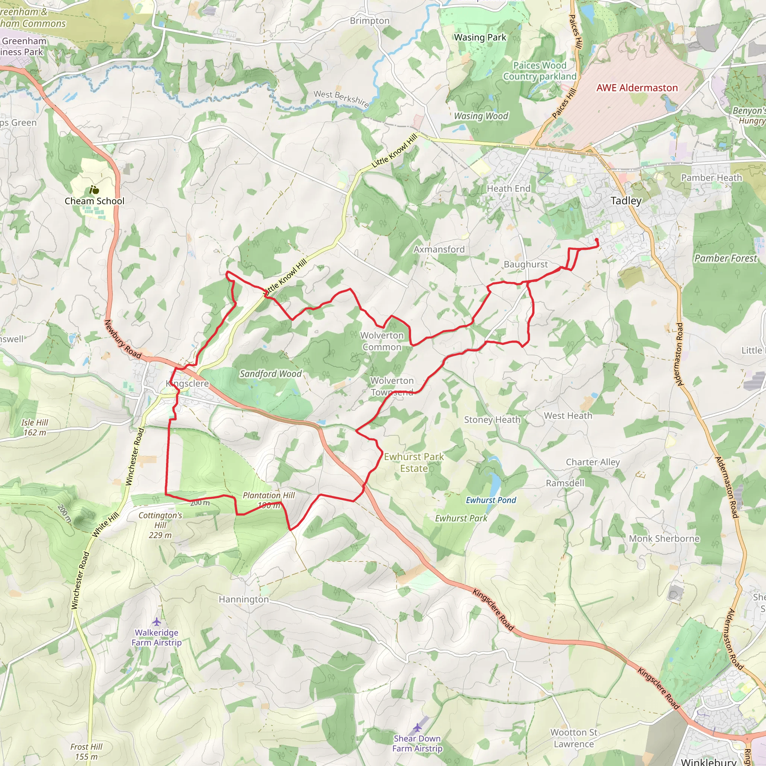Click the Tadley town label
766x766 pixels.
click(x=626, y=200)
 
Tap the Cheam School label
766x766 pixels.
click(x=94, y=201)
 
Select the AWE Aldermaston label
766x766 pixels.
click(x=637, y=88)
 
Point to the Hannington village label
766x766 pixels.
click(x=243, y=599)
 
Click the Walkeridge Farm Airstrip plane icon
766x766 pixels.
click(x=157, y=621)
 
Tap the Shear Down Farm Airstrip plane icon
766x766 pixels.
click(x=417, y=727)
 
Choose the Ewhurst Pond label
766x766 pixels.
click(x=491, y=500)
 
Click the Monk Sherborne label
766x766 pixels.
click(x=664, y=539)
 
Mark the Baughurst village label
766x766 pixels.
click(x=526, y=264)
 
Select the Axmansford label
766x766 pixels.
click(x=439, y=249)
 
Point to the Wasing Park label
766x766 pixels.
click(x=480, y=37)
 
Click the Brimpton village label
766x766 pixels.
click(x=370, y=21)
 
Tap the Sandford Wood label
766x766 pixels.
click(x=270, y=374)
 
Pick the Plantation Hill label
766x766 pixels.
click(x=269, y=495)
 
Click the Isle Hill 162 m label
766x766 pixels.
click(x=34, y=428)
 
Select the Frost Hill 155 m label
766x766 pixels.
click(x=86, y=751)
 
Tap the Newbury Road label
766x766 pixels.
click(x=123, y=339)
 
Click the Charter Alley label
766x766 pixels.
click(x=592, y=462)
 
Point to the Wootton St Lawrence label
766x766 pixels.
click(x=574, y=738)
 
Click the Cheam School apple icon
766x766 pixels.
click(x=94, y=190)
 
